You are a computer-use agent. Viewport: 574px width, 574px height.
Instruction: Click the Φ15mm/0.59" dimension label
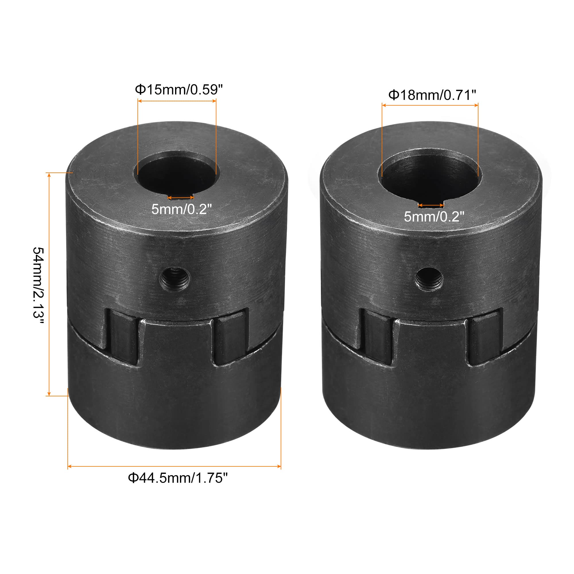point(179,89)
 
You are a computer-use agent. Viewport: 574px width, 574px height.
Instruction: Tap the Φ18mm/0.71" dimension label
point(432,95)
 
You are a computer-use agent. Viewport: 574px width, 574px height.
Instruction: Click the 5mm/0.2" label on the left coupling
point(182,209)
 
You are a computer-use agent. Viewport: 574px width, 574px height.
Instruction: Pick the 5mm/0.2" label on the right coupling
point(434,217)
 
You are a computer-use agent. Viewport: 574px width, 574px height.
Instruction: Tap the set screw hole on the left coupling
point(175,279)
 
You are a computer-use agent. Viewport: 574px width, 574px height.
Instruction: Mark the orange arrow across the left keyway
point(181,197)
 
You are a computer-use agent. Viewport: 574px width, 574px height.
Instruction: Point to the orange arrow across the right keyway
point(431,205)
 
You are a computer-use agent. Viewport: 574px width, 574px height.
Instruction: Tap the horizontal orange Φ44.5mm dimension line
point(174,466)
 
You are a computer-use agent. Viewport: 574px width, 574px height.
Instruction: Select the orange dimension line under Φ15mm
point(177,101)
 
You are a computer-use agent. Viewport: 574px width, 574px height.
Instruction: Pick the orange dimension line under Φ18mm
point(430,105)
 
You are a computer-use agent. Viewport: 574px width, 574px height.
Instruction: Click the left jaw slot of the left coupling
point(123,337)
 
